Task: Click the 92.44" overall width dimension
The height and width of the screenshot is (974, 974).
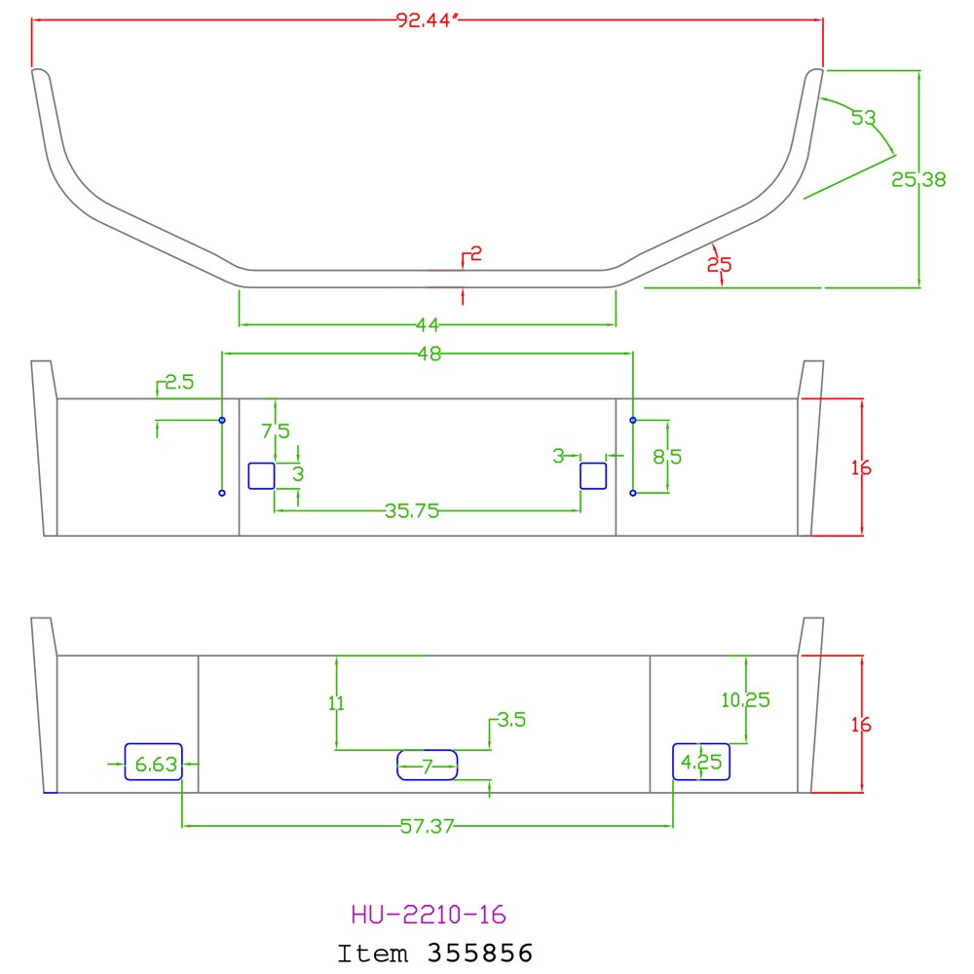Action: click(x=427, y=20)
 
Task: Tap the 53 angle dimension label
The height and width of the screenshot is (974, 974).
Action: click(x=863, y=118)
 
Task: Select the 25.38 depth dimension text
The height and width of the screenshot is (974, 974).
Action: click(x=918, y=179)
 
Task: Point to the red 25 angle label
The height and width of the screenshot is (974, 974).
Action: click(x=720, y=265)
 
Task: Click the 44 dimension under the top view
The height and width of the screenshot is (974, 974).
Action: click(x=428, y=324)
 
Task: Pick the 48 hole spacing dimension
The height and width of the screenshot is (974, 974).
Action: click(x=430, y=354)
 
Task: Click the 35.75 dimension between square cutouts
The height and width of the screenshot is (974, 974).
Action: click(x=411, y=510)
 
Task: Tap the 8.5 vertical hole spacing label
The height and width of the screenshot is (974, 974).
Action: click(x=667, y=457)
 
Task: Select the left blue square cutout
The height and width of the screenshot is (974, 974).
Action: click(x=261, y=476)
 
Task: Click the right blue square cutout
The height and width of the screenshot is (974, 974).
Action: click(x=593, y=476)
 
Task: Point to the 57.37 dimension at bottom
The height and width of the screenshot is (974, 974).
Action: click(x=427, y=826)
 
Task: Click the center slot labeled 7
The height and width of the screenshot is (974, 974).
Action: click(x=428, y=766)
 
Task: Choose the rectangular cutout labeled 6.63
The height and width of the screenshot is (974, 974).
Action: click(x=154, y=762)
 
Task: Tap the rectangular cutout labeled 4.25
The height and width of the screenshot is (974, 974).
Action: click(x=701, y=762)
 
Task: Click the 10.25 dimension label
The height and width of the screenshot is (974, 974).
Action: click(x=745, y=700)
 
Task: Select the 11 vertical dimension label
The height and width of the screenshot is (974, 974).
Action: click(x=336, y=702)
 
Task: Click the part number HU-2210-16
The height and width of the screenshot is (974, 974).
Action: click(x=429, y=915)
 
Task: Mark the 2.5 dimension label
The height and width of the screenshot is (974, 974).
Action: click(x=179, y=382)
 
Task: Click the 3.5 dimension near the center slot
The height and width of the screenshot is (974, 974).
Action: click(x=512, y=720)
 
